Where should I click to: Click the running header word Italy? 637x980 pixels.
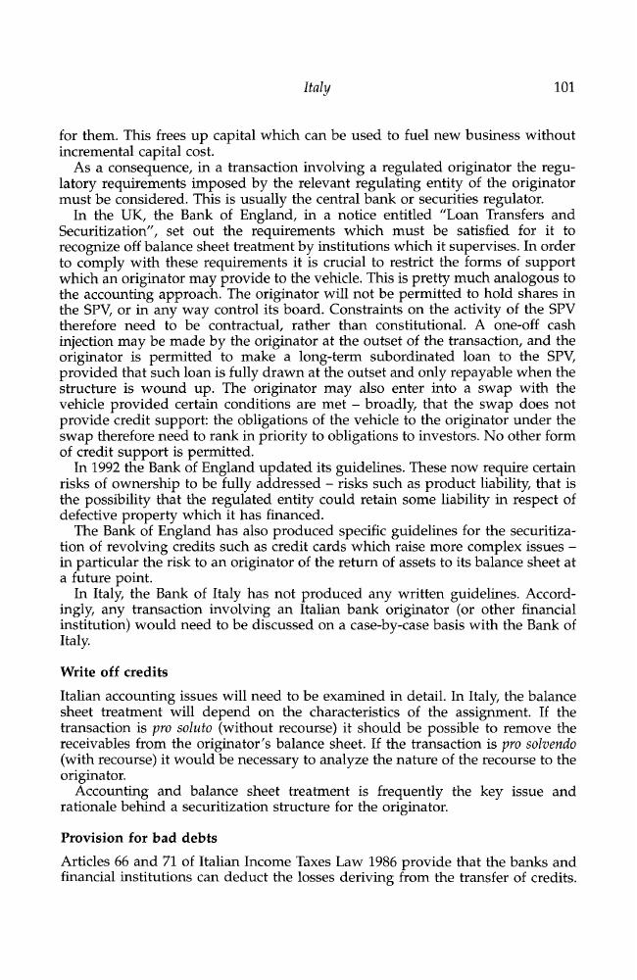(x=317, y=89)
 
